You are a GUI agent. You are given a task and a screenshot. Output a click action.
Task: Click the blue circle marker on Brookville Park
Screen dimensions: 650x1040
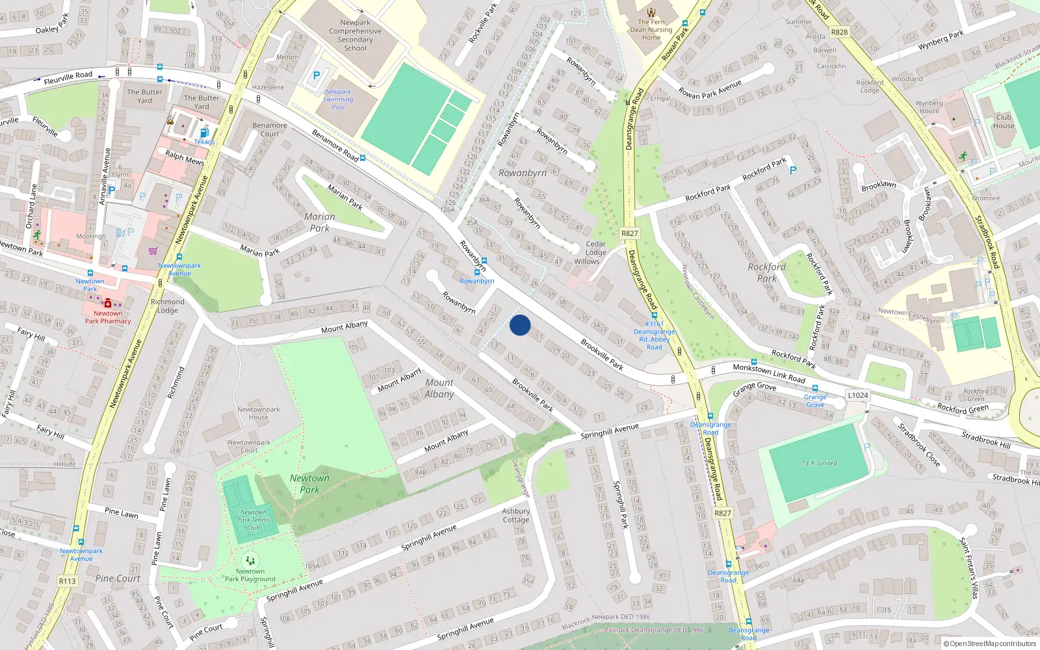[x=520, y=325]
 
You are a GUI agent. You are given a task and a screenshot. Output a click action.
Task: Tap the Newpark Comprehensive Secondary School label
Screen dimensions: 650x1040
[x=355, y=35]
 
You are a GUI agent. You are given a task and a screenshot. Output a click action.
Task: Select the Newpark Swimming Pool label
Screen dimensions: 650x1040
[x=338, y=99]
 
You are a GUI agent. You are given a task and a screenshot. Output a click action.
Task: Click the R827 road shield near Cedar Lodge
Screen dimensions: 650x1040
[x=629, y=233]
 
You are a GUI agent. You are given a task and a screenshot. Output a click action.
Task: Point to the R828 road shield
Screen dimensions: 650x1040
[x=839, y=32]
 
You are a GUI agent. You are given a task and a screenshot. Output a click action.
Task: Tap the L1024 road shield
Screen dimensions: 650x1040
[x=858, y=395]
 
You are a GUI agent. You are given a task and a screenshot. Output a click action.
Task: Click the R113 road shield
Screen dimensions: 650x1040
[x=67, y=581]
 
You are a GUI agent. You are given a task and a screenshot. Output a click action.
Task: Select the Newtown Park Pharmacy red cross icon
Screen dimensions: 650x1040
[x=108, y=303]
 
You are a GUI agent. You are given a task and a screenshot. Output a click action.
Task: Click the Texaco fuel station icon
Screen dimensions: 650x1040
[x=203, y=133]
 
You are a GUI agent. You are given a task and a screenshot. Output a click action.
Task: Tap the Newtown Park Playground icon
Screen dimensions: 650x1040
[x=250, y=560]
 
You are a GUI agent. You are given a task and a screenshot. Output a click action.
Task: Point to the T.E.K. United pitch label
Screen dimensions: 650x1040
[x=819, y=463]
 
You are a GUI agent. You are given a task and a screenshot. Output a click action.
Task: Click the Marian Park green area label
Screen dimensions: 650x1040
[x=319, y=222]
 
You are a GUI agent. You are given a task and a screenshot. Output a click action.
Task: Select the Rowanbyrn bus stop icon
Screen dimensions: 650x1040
[x=477, y=272]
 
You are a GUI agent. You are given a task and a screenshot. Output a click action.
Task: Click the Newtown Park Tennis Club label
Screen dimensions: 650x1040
[x=253, y=519]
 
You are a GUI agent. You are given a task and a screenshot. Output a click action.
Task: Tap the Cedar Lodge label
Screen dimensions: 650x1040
[x=595, y=248]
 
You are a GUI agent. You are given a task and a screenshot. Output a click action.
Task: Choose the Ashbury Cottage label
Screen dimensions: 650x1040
[x=515, y=515]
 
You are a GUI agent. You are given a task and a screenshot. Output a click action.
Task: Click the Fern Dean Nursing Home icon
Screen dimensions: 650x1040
[x=651, y=12]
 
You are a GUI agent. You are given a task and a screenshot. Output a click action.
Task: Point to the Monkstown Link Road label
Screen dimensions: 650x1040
[x=769, y=373]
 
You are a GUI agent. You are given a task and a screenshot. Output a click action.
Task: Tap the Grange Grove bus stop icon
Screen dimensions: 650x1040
[x=814, y=388]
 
